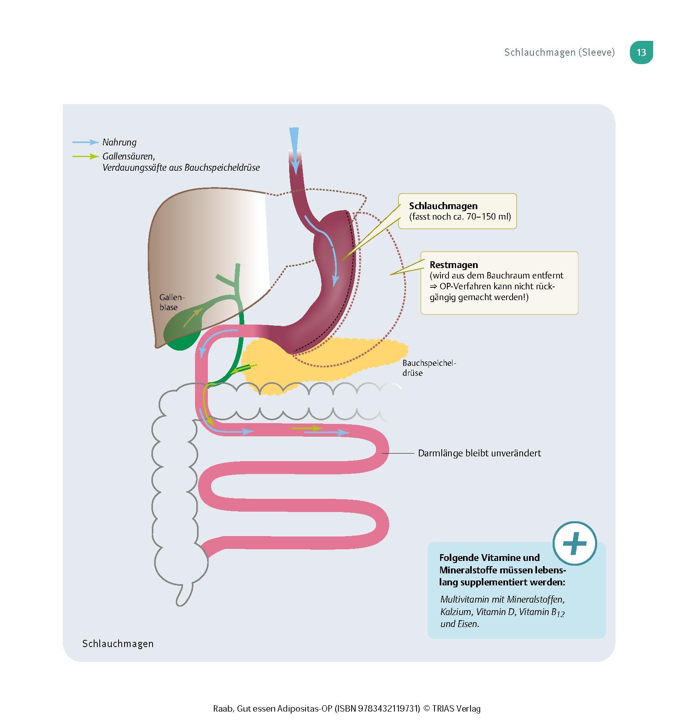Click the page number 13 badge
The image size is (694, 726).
641,52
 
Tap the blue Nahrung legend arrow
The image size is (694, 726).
85,142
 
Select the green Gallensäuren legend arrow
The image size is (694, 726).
85,156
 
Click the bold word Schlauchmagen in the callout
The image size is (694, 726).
443,206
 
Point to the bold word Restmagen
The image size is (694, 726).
454,265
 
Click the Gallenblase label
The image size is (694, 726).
172,302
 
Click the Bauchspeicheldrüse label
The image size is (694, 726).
429,368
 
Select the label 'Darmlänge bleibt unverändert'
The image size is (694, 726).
479,453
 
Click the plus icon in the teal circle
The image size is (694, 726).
574,544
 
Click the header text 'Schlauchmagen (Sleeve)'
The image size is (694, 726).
559,52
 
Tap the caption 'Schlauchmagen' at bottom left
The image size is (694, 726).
118,643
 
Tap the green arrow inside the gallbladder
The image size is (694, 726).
193,318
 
